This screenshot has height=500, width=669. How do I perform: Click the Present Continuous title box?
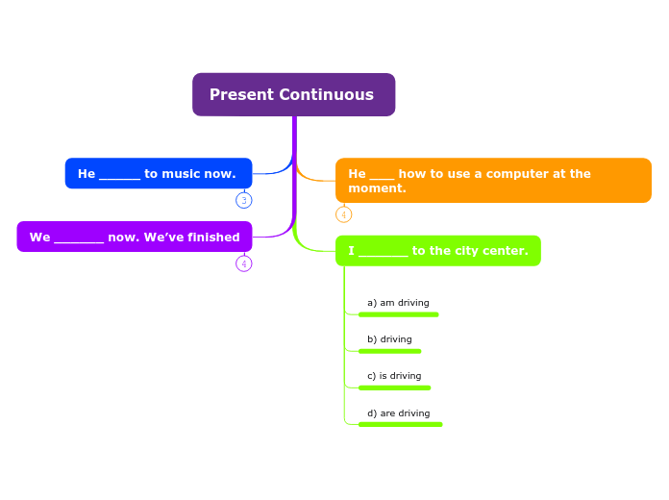[x=293, y=94]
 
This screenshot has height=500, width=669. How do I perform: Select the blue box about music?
[x=159, y=174]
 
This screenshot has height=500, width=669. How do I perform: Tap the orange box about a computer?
[x=493, y=181]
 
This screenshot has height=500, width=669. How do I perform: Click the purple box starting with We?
[x=135, y=237]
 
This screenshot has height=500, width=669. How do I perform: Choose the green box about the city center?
[x=437, y=251]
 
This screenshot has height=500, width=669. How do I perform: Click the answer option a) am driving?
[x=398, y=303]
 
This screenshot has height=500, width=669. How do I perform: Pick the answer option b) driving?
[x=389, y=339]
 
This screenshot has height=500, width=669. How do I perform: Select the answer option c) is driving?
[x=394, y=376]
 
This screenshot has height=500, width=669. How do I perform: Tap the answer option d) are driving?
[x=398, y=413]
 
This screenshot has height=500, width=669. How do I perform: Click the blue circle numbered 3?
[x=244, y=200]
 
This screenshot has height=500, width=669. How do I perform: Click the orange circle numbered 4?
[x=343, y=214]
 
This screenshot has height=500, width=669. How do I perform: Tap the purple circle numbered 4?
[x=244, y=263]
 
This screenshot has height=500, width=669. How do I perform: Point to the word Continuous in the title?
[x=326, y=94]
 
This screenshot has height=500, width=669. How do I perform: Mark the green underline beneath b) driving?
[x=389, y=351]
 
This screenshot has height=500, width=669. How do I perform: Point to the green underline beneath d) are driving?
[x=400, y=424]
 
